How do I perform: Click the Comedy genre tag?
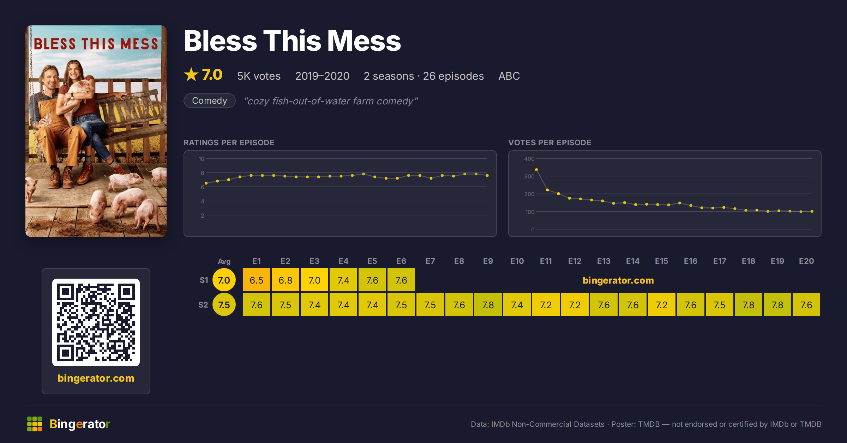pyautogui.click(x=210, y=101)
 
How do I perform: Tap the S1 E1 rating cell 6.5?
pyautogui.click(x=257, y=280)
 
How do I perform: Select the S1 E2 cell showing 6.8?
pyautogui.click(x=286, y=280)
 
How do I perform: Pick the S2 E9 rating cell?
pyautogui.click(x=488, y=304)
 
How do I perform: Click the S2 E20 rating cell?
pyautogui.click(x=806, y=304)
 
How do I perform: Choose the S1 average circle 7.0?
pyautogui.click(x=224, y=280)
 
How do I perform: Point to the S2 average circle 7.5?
pyautogui.click(x=224, y=304)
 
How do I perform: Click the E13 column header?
pyautogui.click(x=604, y=261)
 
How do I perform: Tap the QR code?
pyautogui.click(x=96, y=322)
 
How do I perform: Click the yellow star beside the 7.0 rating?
pyautogui.click(x=191, y=74)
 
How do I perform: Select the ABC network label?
pyautogui.click(x=509, y=76)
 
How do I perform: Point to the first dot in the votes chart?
pyautogui.click(x=536, y=170)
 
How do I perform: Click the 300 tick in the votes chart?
pyautogui.click(x=529, y=176)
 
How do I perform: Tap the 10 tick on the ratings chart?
pyautogui.click(x=201, y=159)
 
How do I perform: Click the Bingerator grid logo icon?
pyautogui.click(x=35, y=424)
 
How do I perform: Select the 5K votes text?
pyautogui.click(x=259, y=76)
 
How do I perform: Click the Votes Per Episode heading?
pyautogui.click(x=549, y=142)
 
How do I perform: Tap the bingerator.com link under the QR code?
pyautogui.click(x=96, y=378)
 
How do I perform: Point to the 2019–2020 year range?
pyautogui.click(x=322, y=76)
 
